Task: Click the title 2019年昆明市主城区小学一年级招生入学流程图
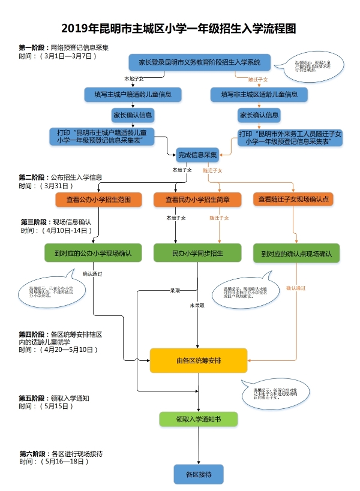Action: pyautogui.click(x=179, y=28)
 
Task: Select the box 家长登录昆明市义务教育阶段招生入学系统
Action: pyautogui.click(x=199, y=62)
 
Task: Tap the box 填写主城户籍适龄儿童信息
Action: pyautogui.click(x=133, y=94)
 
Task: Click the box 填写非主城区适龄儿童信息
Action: pyautogui.click(x=259, y=94)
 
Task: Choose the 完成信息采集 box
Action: pyautogui.click(x=197, y=155)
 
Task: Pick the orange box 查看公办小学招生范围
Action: pyautogui.click(x=98, y=199)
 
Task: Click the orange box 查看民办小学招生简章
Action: pyautogui.click(x=197, y=199)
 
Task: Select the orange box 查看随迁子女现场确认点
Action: pyautogui.click(x=296, y=199)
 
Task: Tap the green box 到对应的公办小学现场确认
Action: pyautogui.click(x=92, y=253)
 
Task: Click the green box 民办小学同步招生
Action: pyautogui.click(x=197, y=253)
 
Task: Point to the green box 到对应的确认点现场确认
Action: pyautogui.click(x=296, y=253)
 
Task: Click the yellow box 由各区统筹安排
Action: pyautogui.click(x=199, y=360)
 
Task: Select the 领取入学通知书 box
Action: pyautogui.click(x=198, y=419)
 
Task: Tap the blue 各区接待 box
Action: pyautogui.click(x=198, y=474)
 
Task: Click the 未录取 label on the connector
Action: pyautogui.click(x=197, y=305)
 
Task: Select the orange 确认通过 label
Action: pyautogui.click(x=296, y=288)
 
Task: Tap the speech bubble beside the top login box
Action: pyautogui.click(x=311, y=67)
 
